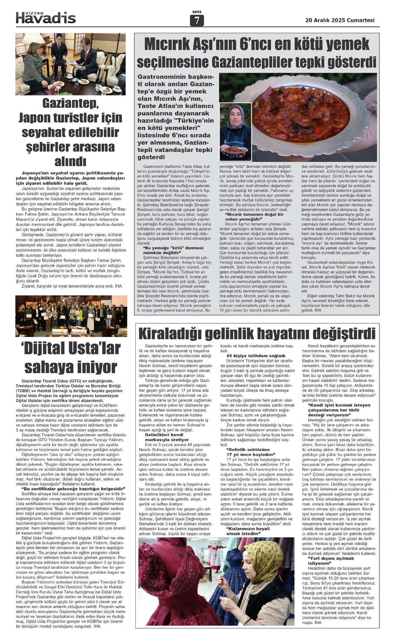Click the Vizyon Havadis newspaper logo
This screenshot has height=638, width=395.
(x=46, y=17)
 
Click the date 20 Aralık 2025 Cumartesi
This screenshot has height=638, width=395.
(x=340, y=20)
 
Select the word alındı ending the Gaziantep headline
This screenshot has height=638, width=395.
(x=70, y=161)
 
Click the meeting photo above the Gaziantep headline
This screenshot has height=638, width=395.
(x=70, y=64)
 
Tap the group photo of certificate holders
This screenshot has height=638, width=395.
(x=70, y=316)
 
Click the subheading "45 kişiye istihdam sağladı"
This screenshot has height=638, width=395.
(x=256, y=356)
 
